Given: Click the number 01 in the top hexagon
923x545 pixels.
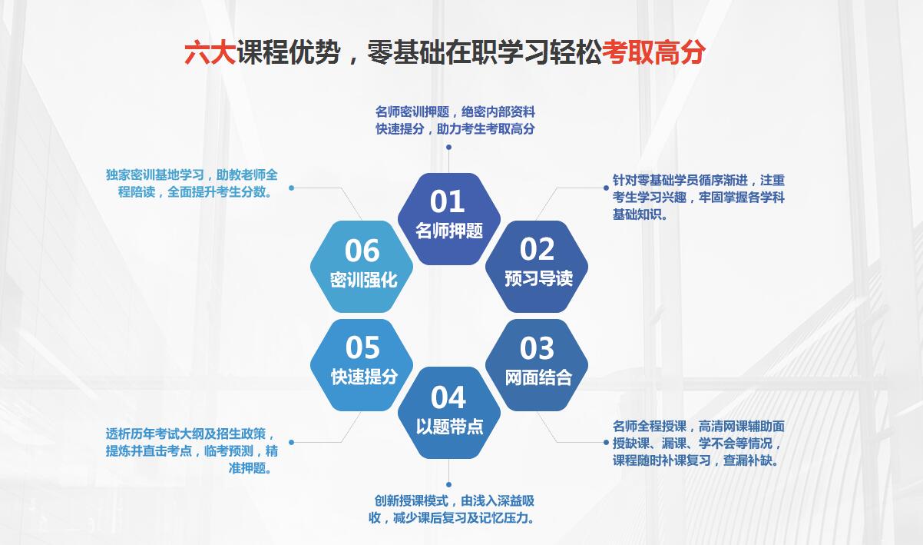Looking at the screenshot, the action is (x=448, y=201).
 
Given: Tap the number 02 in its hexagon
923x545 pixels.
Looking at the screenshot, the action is (x=537, y=249).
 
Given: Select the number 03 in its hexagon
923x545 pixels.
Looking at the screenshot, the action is (x=537, y=348).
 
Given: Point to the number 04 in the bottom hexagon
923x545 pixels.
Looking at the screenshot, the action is (x=448, y=397).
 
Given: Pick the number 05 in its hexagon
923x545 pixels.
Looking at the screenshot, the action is (x=362, y=347).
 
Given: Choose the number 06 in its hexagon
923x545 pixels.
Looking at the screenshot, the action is (x=362, y=251).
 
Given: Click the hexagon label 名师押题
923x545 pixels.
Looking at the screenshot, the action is (x=448, y=231).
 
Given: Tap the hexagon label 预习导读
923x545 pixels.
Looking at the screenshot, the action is (x=538, y=278).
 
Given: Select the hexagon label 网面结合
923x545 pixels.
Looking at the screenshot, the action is (x=538, y=377).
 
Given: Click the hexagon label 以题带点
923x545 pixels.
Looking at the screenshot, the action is (x=449, y=427).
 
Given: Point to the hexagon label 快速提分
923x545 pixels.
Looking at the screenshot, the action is (x=364, y=376).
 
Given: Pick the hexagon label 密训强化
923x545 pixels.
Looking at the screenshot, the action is (x=363, y=280).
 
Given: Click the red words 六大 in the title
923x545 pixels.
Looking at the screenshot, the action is (x=210, y=53).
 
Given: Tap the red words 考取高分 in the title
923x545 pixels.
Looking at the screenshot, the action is (x=654, y=53).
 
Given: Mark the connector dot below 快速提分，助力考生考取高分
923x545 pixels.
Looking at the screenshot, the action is (x=448, y=147).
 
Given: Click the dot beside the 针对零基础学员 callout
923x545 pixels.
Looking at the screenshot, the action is (x=606, y=188).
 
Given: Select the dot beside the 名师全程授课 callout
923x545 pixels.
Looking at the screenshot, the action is (x=606, y=442).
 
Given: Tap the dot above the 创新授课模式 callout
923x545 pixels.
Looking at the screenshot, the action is (x=448, y=485).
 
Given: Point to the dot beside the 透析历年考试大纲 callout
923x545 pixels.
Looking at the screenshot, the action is (x=291, y=442).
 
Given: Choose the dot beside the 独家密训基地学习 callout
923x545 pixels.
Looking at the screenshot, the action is (x=291, y=188).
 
